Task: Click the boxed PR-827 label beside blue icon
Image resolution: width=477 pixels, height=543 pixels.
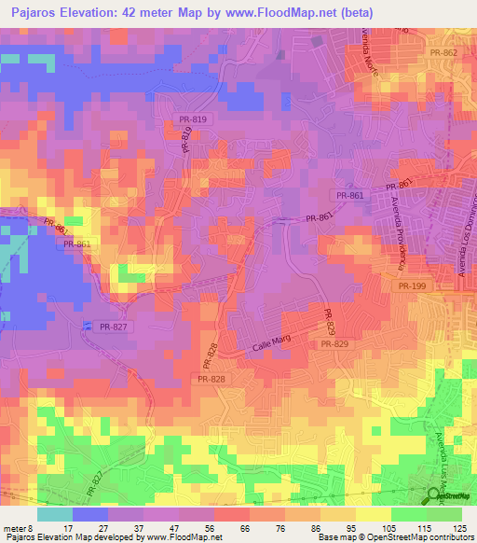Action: [114, 326]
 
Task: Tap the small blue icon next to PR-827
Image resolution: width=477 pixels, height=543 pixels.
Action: [88, 326]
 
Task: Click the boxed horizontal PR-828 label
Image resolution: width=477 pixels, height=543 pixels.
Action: [211, 379]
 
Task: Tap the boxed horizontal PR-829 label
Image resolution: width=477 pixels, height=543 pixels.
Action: [334, 345]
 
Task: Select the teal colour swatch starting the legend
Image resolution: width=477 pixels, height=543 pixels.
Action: [55, 514]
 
